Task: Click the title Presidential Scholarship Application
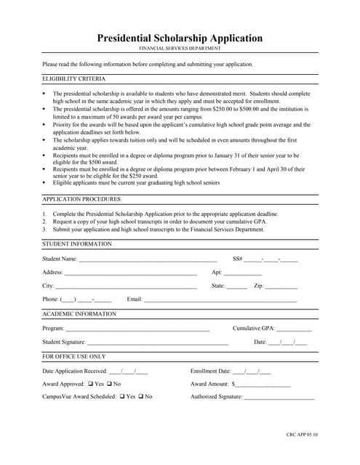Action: [x=180, y=38]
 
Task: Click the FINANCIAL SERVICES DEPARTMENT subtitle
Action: [x=180, y=49]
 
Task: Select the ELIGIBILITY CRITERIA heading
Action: [x=73, y=78]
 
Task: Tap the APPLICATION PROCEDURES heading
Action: [x=81, y=198]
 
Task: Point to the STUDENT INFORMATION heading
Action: [x=77, y=244]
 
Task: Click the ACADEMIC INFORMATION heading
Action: [x=79, y=314]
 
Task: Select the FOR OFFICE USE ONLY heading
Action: [x=73, y=357]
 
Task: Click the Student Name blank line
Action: [x=148, y=260]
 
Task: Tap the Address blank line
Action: [x=130, y=274]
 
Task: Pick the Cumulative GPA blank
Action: [x=294, y=329]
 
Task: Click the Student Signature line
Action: [x=158, y=343]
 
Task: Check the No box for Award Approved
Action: [x=109, y=384]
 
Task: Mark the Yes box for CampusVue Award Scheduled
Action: [x=122, y=397]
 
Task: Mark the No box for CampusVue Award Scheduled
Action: [x=140, y=397]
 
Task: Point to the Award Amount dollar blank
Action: [x=263, y=385]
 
